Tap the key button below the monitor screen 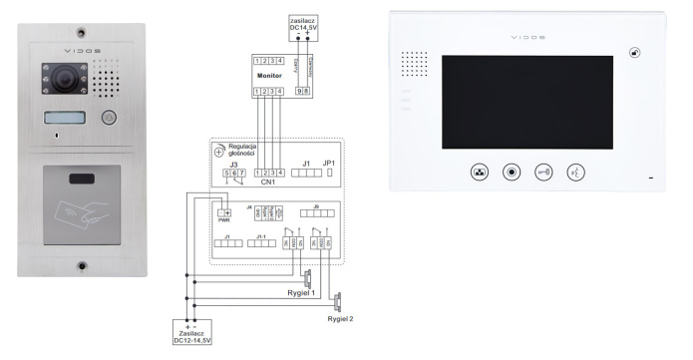pos(543,172)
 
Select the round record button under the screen pos(511,172)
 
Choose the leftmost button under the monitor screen pos(477,172)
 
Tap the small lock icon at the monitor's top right pos(634,53)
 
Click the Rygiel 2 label pos(339,318)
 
